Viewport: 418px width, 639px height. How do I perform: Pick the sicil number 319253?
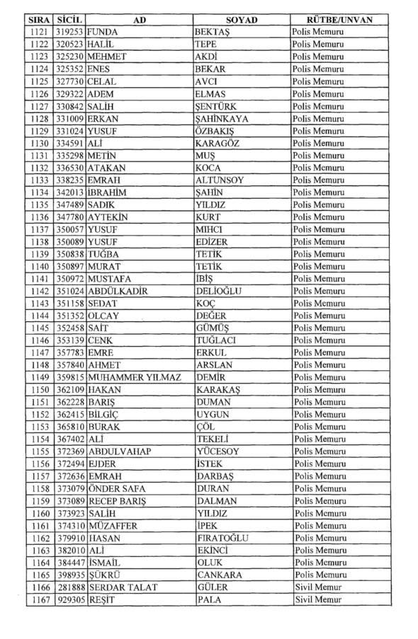[x=70, y=33]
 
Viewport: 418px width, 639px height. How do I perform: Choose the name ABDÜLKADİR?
[x=117, y=290]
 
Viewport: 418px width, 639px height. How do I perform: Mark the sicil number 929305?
[x=70, y=599]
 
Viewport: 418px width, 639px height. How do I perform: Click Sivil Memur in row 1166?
[x=319, y=587]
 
